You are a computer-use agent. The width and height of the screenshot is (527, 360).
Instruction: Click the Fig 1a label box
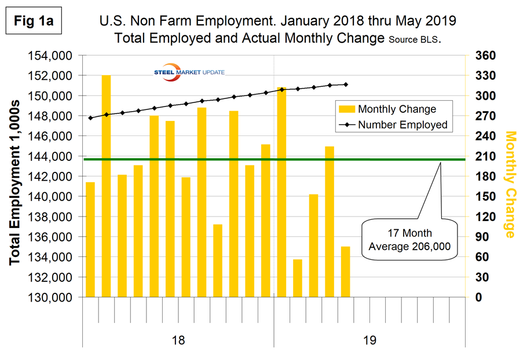pyautogui.click(x=34, y=21)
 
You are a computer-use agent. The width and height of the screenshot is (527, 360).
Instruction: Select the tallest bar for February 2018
pyautogui.click(x=107, y=185)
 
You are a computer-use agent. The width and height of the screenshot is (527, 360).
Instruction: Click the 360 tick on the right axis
pyautogui.click(x=485, y=56)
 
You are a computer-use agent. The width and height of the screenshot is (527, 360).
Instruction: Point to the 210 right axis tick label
pyautogui.click(x=485, y=156)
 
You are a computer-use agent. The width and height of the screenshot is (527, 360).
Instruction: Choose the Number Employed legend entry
pyautogui.click(x=394, y=124)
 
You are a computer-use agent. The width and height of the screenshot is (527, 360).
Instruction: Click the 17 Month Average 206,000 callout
pyautogui.click(x=409, y=242)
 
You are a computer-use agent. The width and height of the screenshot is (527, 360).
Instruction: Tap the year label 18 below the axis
pyautogui.click(x=178, y=340)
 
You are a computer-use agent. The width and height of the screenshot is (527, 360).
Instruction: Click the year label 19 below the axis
pyautogui.click(x=369, y=340)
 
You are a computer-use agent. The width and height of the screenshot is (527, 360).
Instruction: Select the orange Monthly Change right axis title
pyautogui.click(x=510, y=184)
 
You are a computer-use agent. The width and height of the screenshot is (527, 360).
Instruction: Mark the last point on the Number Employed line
pyautogui.click(x=346, y=85)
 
